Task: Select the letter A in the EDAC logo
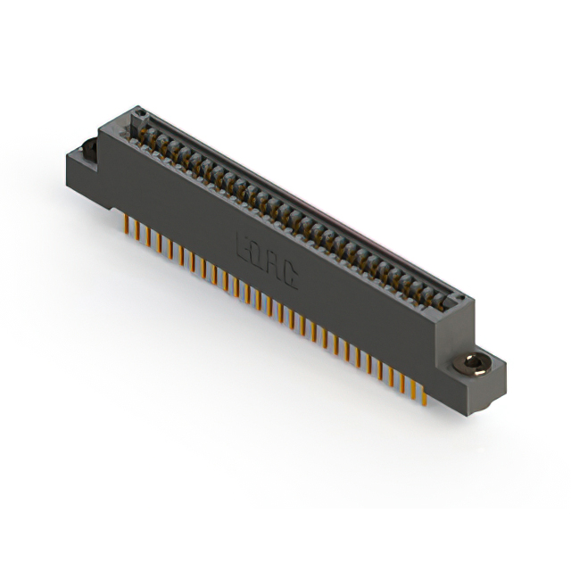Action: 273,266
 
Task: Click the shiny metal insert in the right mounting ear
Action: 469,364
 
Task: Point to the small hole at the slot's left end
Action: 137,113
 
